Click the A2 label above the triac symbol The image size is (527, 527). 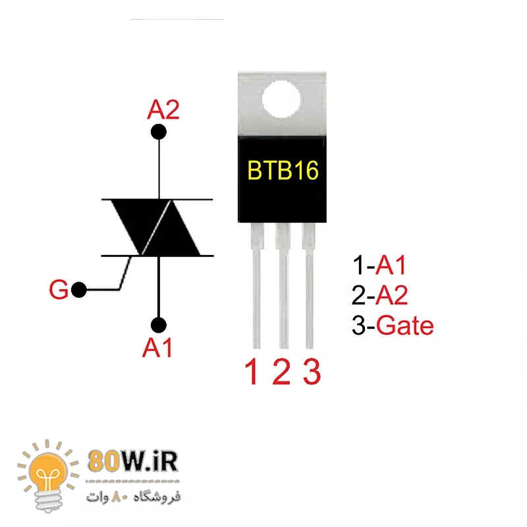coord(163,109)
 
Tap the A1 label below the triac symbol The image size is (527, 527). coord(158,347)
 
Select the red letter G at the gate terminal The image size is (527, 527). coord(59,291)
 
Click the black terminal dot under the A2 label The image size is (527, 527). coord(158,132)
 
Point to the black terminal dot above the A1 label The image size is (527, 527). coord(158,325)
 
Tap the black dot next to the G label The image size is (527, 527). coord(79,290)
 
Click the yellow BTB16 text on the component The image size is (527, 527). coord(283,171)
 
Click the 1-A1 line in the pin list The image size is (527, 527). coord(380,266)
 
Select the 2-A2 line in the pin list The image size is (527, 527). coord(380,296)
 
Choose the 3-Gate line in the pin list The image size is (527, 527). coord(393,325)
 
